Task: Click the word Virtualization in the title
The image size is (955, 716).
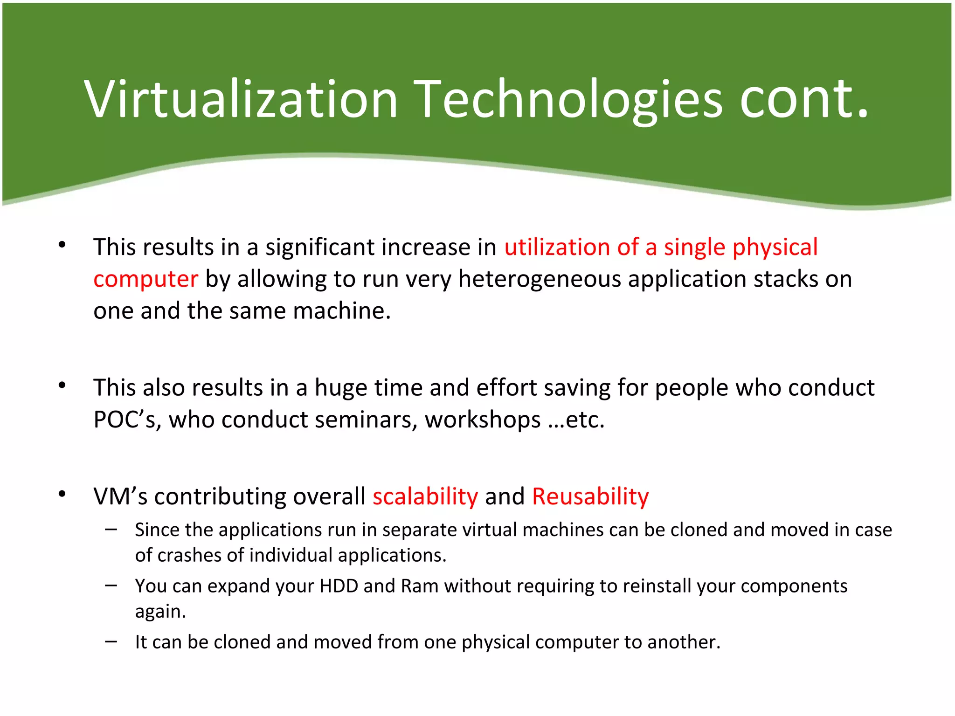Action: tap(241, 99)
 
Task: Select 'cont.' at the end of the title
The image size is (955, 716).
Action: tap(804, 99)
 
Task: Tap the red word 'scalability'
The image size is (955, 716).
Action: tap(425, 496)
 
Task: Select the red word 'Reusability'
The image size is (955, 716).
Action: tap(590, 496)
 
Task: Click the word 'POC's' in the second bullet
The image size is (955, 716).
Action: tap(127, 420)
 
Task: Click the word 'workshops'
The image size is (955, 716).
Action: tap(483, 420)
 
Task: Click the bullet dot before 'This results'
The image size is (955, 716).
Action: tap(62, 245)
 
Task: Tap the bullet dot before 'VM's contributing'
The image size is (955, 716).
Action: tap(62, 495)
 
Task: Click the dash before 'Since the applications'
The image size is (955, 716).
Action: tap(111, 530)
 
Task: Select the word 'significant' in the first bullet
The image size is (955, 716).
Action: tap(323, 247)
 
